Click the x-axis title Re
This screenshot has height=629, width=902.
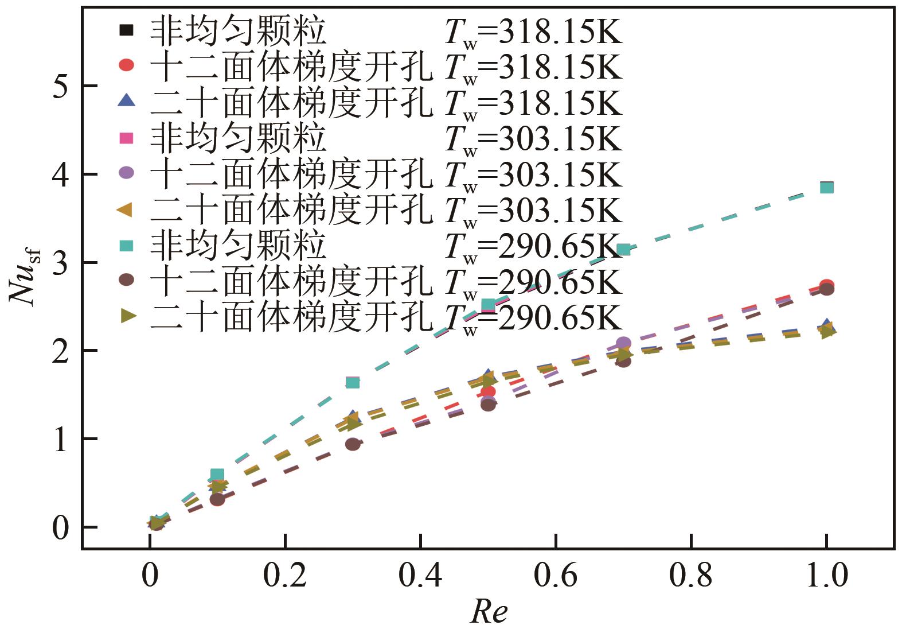point(489,611)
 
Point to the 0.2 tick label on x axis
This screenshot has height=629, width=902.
point(285,576)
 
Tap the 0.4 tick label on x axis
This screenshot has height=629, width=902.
point(420,576)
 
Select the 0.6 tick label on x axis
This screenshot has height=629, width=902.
point(556,576)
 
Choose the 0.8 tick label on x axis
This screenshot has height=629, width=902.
point(691,576)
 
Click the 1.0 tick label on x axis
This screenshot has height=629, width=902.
point(826,576)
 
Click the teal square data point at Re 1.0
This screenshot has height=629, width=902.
point(826,187)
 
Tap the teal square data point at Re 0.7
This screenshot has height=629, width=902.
point(623,249)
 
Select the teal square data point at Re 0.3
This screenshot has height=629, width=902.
point(353,382)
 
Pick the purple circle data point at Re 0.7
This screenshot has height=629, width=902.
point(623,343)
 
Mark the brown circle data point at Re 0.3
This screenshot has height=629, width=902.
point(353,444)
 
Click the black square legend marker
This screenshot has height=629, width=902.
point(126,29)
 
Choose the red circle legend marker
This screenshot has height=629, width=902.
point(126,65)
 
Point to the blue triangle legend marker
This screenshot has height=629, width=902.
point(126,100)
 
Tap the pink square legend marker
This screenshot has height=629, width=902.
point(126,138)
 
